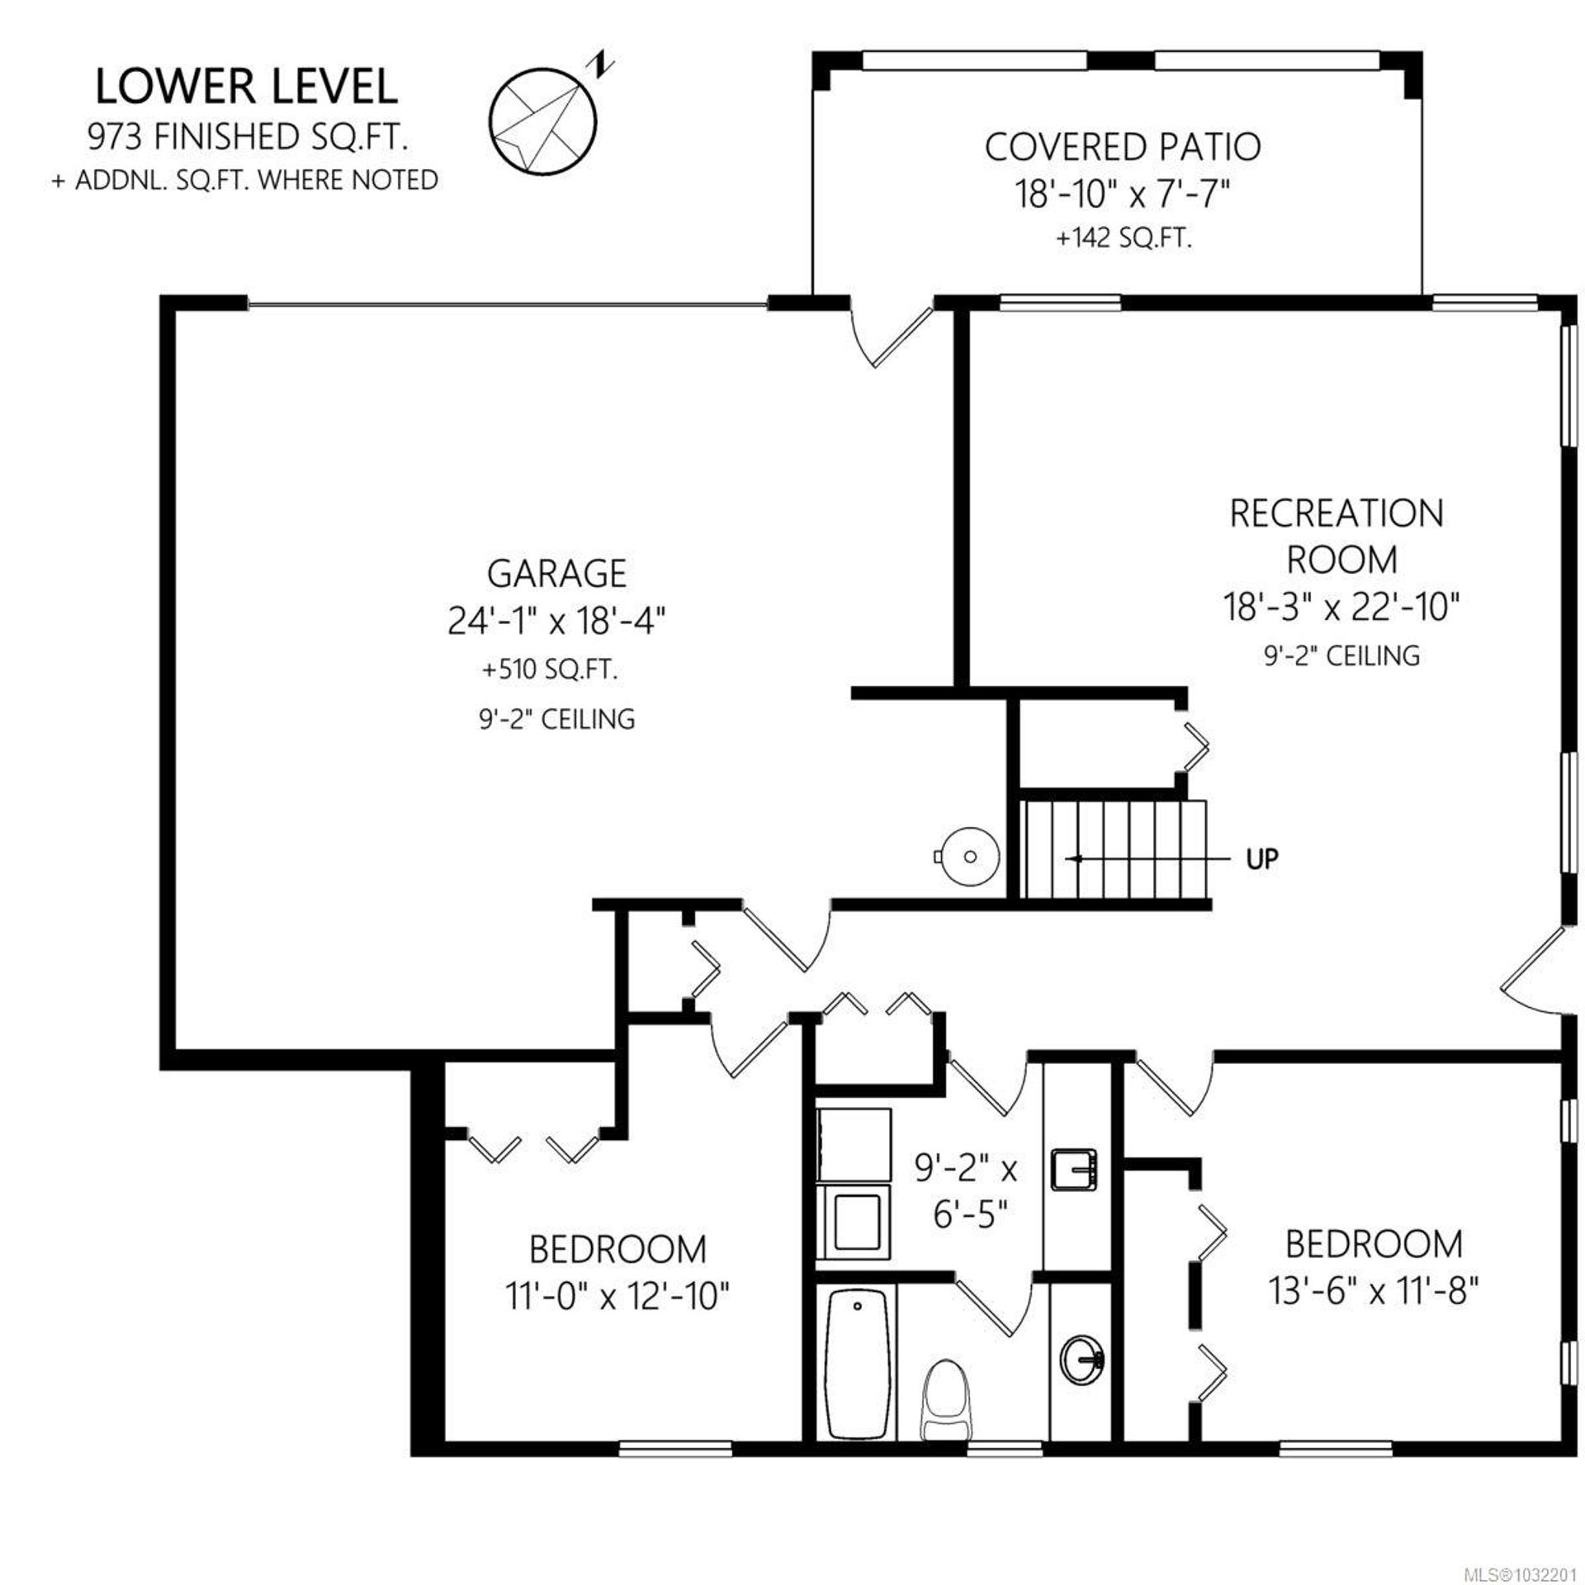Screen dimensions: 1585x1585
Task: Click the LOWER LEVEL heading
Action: point(247,87)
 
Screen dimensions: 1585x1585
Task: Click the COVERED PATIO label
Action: point(1123,147)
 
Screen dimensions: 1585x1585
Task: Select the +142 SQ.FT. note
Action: point(1124,239)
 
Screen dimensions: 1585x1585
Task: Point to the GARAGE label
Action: point(556,573)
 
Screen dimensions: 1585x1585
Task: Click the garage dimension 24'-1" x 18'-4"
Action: point(556,621)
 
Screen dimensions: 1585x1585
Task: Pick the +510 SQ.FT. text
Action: point(550,669)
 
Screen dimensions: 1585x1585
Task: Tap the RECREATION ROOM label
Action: point(1337,537)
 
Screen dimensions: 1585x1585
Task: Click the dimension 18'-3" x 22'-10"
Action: point(1341,608)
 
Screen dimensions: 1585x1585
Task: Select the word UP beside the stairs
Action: point(1262,859)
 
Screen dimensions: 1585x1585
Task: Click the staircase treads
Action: point(1114,849)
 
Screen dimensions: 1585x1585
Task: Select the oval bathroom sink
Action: point(1083,1364)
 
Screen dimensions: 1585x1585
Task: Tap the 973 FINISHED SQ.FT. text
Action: point(248,137)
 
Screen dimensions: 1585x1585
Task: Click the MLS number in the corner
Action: point(1532,1574)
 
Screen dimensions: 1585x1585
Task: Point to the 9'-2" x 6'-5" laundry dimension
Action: point(966,1191)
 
